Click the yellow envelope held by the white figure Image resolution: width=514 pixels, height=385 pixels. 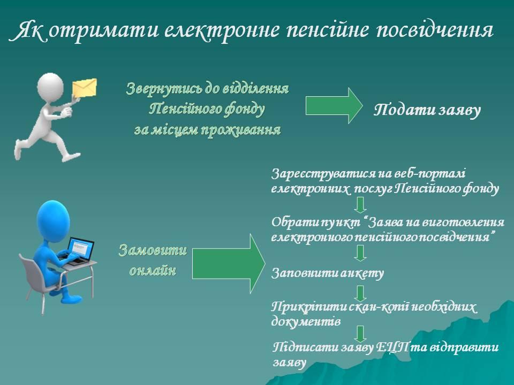[85, 87]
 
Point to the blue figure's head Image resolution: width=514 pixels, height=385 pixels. [53, 220]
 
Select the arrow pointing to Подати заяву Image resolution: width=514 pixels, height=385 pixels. [334, 105]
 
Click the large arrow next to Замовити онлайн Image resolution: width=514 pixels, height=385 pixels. [229, 263]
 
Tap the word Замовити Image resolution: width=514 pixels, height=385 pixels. [153, 250]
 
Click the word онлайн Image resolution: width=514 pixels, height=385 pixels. [153, 271]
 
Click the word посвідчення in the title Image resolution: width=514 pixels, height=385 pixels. [434, 31]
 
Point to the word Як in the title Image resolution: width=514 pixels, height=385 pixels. [29, 31]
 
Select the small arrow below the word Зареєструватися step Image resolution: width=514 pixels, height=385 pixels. [360, 205]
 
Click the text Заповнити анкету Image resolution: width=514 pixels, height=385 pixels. [328, 273]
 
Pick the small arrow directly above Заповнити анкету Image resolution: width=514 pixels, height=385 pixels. [360, 253]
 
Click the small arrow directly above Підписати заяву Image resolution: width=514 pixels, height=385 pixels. [360, 334]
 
